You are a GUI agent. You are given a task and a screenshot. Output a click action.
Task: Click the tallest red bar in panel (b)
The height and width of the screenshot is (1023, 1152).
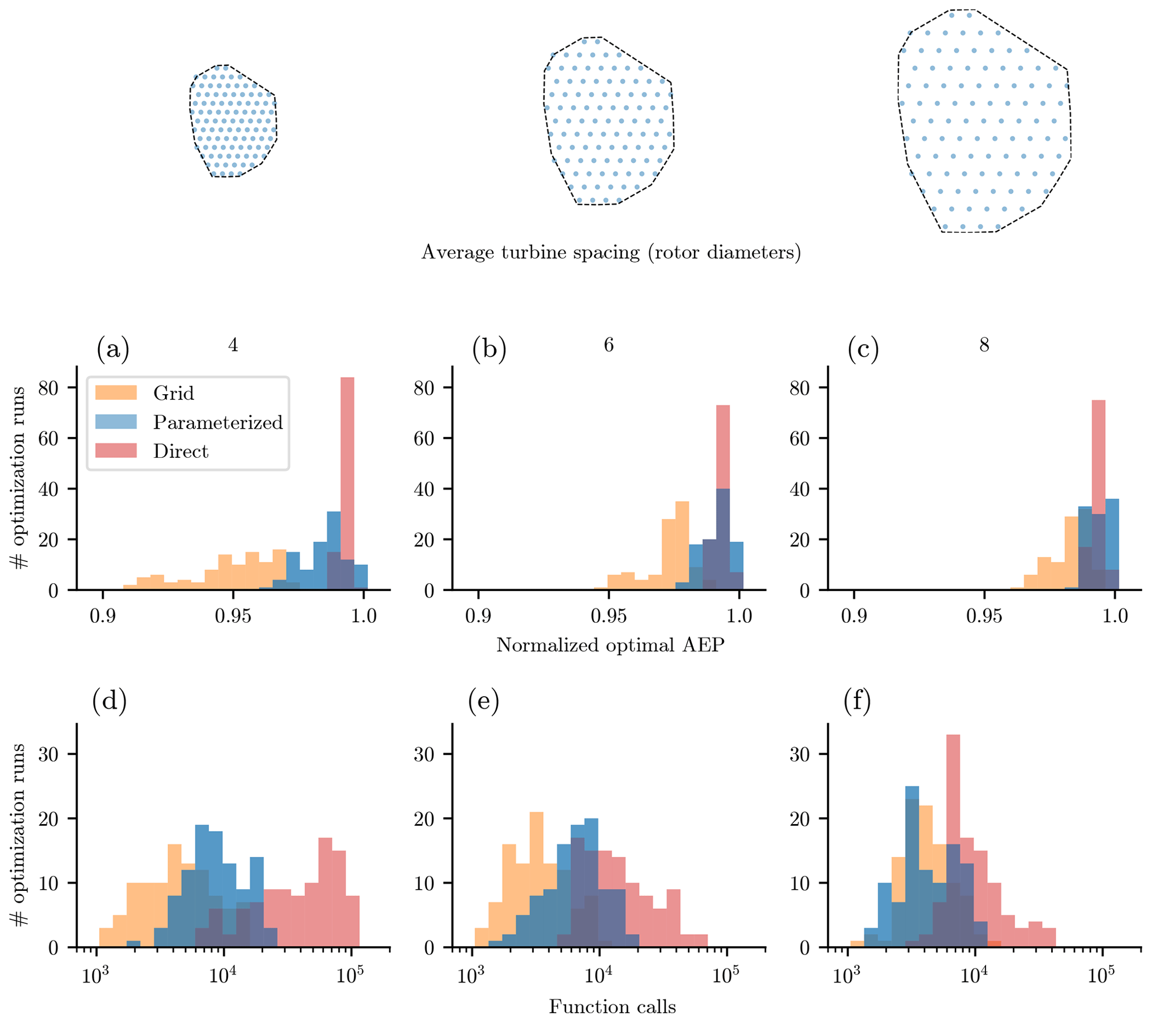point(723,496)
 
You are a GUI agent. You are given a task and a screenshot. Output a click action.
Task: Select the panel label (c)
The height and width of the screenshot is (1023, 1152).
point(863,349)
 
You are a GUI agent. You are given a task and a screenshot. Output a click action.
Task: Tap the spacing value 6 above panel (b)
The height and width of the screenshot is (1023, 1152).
point(609,345)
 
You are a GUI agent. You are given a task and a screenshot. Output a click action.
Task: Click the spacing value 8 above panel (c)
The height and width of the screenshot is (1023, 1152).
point(984,345)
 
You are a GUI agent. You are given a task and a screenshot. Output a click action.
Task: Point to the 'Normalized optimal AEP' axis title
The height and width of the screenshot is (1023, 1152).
point(610,645)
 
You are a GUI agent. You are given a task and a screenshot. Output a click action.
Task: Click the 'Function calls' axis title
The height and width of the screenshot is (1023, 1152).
point(613,1006)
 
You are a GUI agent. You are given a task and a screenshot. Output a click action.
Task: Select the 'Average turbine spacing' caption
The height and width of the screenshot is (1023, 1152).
point(611,252)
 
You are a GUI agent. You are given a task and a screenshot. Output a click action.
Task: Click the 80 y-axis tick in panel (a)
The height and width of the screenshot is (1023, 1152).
point(48,388)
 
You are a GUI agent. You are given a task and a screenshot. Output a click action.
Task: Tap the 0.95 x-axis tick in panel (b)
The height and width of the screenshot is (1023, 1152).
point(609,616)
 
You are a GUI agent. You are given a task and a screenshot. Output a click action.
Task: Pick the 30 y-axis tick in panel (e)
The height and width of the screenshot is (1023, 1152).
point(424,755)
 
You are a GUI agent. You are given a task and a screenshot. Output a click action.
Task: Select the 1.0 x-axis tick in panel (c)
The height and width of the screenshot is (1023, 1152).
point(1115,616)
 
